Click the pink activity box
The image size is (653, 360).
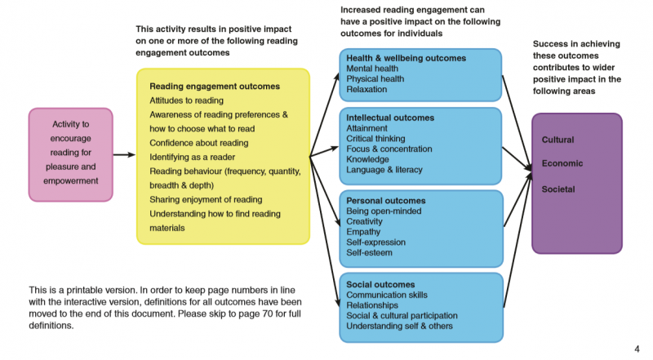point(70,154)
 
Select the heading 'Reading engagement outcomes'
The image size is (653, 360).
point(215,86)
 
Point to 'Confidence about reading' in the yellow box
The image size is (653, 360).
point(198,143)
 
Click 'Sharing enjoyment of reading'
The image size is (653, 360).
point(207,199)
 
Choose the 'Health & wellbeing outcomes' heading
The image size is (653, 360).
point(406,59)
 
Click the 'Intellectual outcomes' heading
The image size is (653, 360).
point(390,118)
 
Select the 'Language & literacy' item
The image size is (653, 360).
point(384,170)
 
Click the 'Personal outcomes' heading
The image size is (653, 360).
point(386,201)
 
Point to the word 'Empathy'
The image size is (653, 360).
point(364,232)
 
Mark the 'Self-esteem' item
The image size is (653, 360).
point(369,253)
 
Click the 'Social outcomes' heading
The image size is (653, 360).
point(380,284)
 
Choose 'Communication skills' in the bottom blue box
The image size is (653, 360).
point(388,295)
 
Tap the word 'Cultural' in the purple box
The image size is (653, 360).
point(558,140)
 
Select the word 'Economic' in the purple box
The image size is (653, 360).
point(562,163)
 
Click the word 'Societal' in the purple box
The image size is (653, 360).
point(559,189)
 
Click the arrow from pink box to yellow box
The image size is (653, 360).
point(124,154)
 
